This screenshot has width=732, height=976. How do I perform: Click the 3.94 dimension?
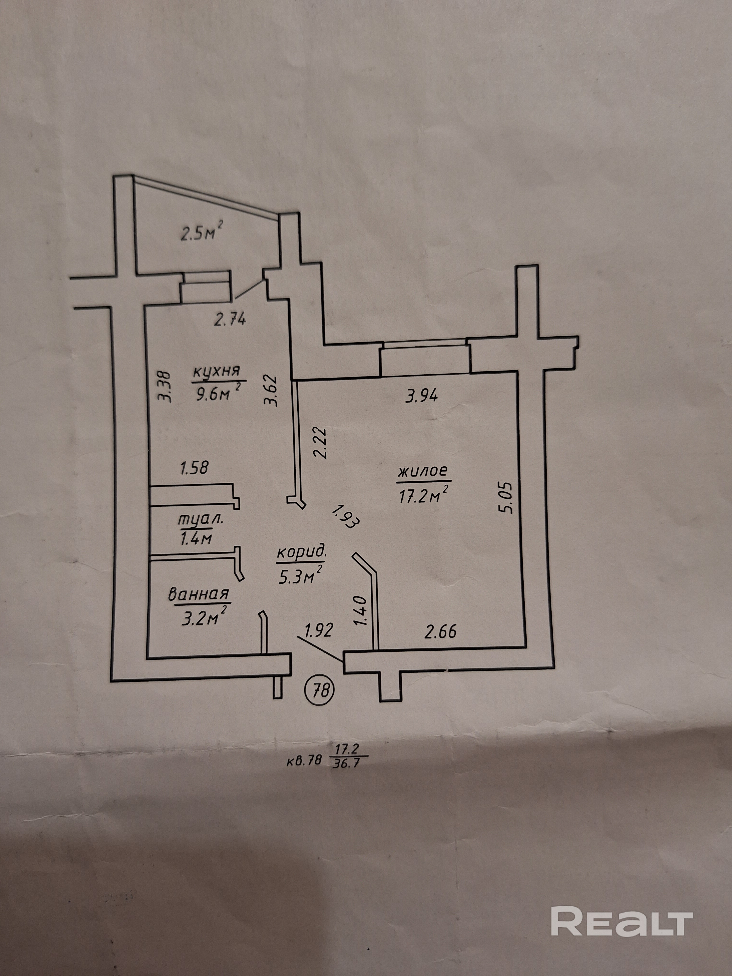point(421,396)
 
